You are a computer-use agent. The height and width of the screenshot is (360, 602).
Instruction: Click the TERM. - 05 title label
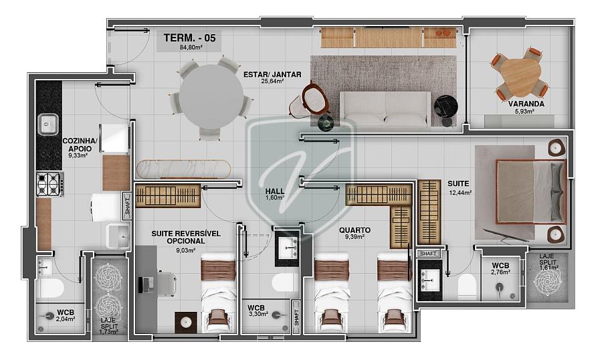189,37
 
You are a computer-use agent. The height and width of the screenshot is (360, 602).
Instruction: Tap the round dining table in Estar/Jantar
211,96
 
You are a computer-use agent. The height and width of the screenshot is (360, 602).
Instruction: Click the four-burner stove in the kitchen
50,185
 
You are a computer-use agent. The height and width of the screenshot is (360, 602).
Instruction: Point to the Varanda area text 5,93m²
526,112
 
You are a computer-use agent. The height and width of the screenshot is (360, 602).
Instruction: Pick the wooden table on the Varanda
520,78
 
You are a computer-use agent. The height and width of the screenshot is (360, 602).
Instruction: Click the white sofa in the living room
385,108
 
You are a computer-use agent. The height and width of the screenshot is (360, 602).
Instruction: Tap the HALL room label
275,191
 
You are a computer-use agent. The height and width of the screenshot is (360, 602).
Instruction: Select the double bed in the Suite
531,192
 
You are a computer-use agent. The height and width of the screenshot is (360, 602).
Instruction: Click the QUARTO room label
355,230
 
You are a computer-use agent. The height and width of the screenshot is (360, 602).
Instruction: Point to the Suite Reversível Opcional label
186,237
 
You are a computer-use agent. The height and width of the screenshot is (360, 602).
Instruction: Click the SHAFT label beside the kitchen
128,205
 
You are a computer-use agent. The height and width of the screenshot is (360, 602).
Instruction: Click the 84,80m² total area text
191,48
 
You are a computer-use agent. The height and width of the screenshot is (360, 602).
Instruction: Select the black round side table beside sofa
445,105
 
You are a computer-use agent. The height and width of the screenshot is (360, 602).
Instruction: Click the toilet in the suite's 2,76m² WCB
467,286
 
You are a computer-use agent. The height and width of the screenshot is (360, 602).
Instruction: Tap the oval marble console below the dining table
183,169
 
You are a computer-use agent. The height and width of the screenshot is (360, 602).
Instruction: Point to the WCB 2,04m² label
66,315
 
